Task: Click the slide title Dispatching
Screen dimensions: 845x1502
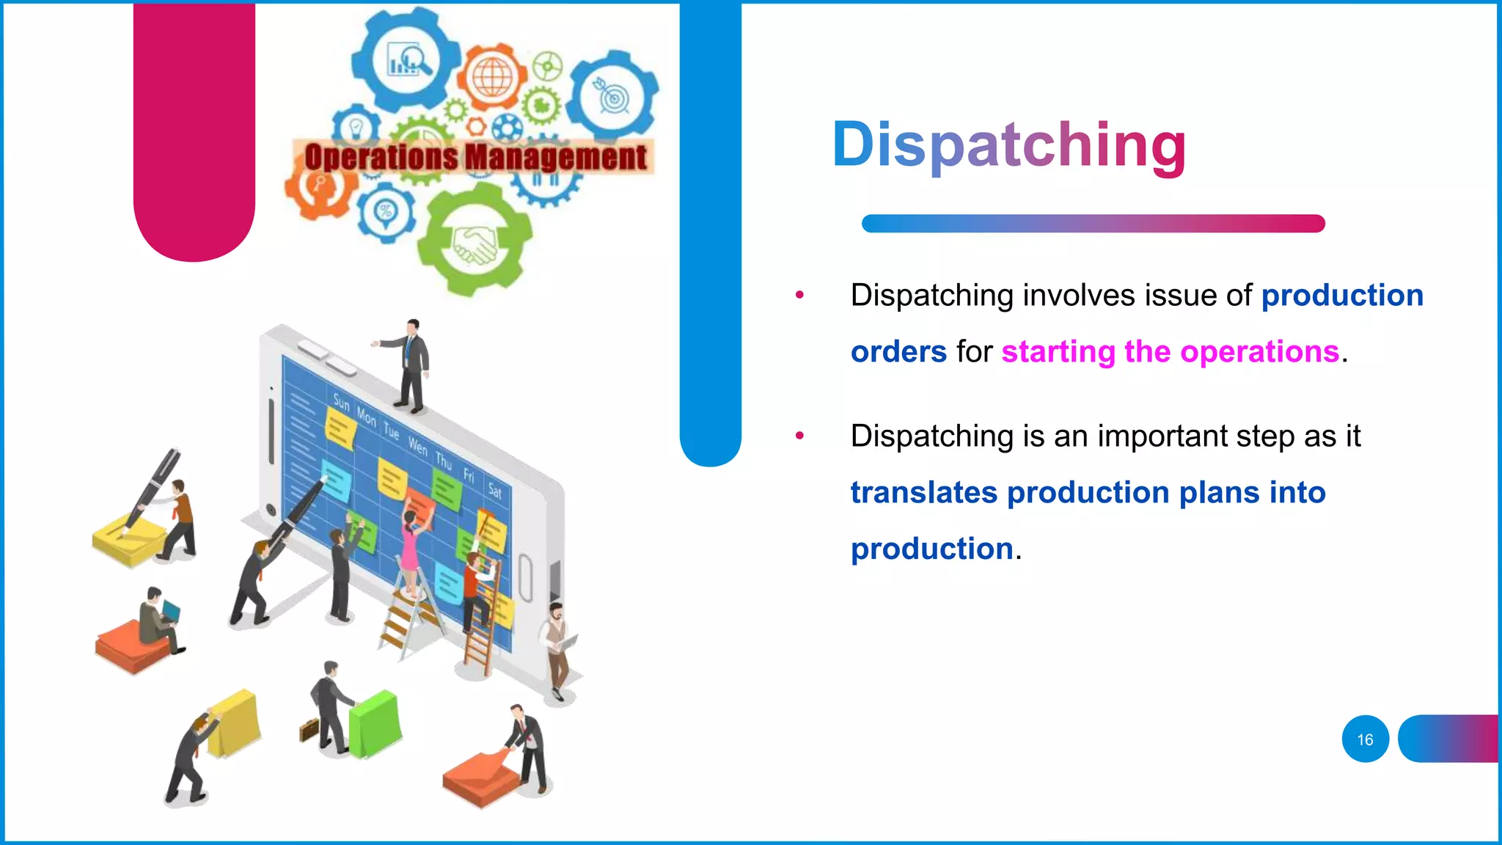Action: tap(1008, 145)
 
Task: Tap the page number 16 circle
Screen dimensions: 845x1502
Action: tap(1365, 739)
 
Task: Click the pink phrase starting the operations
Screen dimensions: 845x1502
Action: tap(1170, 352)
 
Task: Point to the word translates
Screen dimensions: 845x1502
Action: tap(923, 493)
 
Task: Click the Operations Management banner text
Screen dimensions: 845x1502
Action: tap(475, 157)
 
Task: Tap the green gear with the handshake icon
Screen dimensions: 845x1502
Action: tap(475, 242)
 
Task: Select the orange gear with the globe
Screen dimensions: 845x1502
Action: tap(492, 76)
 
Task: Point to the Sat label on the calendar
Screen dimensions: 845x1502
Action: tap(495, 491)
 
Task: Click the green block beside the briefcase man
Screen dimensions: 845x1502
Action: tap(375, 723)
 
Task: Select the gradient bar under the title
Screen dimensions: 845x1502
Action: tap(1093, 224)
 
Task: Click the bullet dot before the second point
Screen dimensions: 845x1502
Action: tap(799, 436)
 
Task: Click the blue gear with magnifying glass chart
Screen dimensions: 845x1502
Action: tap(406, 60)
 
